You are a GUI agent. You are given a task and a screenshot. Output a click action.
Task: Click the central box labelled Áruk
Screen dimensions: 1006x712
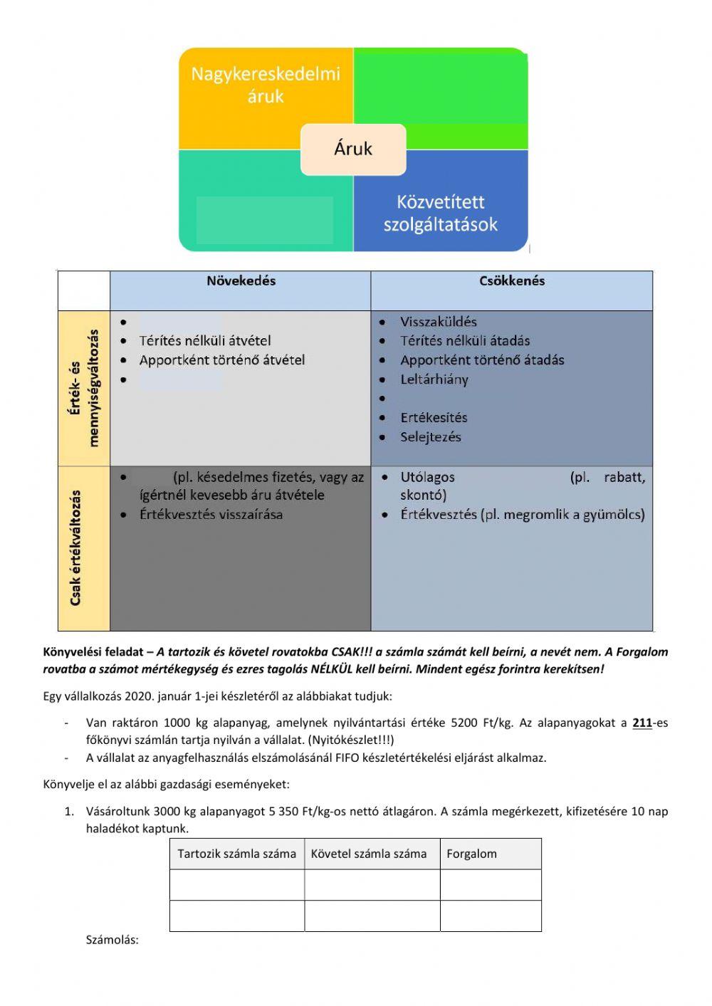pos(353,149)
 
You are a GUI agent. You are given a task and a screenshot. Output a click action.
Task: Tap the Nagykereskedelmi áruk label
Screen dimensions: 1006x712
pos(266,85)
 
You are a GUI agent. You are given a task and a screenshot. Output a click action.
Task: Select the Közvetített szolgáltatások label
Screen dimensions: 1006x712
pos(440,213)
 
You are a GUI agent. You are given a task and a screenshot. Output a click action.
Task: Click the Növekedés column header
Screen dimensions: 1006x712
pos(241,281)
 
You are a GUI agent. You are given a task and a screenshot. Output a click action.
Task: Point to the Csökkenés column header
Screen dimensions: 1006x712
pos(512,281)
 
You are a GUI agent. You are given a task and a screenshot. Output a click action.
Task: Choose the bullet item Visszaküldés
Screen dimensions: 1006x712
pos(438,322)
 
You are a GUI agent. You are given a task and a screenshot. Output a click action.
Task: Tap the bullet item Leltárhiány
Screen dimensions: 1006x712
pos(434,379)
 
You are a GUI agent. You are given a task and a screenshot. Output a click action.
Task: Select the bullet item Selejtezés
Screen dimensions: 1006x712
pos(430,437)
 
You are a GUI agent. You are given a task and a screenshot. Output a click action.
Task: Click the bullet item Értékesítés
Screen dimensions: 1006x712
pos(434,418)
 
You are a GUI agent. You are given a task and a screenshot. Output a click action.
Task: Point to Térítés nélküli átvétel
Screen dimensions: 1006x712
pos(205,341)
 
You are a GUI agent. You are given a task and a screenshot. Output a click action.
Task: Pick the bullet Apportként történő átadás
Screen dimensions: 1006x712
pos(482,360)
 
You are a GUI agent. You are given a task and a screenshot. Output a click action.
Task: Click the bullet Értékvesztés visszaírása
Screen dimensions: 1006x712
pos(211,514)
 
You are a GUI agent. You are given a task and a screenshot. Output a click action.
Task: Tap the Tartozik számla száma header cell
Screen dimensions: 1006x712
pos(236,854)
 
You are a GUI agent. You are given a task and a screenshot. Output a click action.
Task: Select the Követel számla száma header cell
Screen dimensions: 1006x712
pos(369,854)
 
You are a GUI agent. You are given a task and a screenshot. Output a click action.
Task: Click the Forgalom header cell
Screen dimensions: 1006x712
pos(471,854)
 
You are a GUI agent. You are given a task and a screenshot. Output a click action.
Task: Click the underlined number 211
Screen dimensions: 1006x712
pos(642,723)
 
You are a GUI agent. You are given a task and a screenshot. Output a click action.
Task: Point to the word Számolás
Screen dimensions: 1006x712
pos(112,940)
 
